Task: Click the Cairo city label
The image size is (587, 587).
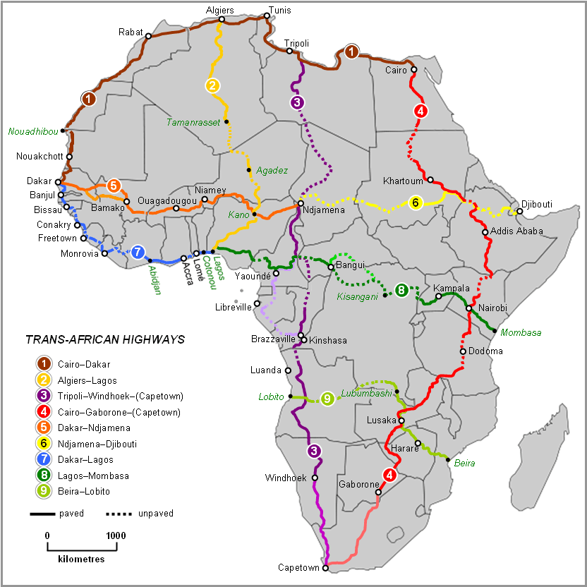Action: [396, 71]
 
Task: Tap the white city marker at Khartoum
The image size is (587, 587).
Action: [430, 180]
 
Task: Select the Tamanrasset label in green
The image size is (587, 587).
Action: [192, 122]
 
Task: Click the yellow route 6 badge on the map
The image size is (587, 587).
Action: [416, 202]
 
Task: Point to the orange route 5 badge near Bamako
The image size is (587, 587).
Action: [114, 186]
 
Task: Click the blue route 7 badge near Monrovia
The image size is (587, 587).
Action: [138, 252]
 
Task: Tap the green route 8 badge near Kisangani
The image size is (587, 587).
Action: [401, 289]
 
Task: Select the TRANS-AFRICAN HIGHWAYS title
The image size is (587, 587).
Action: [105, 339]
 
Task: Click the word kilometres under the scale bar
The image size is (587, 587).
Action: [81, 558]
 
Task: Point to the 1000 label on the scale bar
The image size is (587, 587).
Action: [114, 535]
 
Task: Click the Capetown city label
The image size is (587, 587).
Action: [298, 567]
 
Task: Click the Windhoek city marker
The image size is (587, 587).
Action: [315, 478]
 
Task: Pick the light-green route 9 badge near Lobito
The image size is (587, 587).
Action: [327, 399]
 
